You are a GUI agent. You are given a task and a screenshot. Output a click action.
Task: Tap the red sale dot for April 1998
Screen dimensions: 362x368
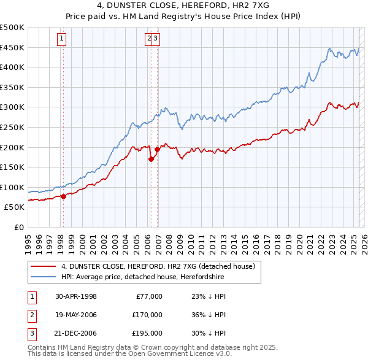pos(63,196)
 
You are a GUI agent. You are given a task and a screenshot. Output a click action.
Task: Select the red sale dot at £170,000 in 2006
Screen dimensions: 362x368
pos(151,159)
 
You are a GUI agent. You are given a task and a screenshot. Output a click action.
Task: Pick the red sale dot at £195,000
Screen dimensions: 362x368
pos(158,149)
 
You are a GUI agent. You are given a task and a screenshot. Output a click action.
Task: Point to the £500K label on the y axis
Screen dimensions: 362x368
pos(12,28)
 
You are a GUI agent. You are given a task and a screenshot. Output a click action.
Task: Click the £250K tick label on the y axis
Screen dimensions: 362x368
pos(12,127)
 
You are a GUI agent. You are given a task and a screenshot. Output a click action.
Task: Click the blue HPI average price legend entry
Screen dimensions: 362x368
pos(142,277)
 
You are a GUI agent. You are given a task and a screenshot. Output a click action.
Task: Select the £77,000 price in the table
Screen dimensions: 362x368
pos(148,296)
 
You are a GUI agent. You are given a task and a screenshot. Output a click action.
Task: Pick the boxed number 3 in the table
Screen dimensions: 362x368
pos(31,333)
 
